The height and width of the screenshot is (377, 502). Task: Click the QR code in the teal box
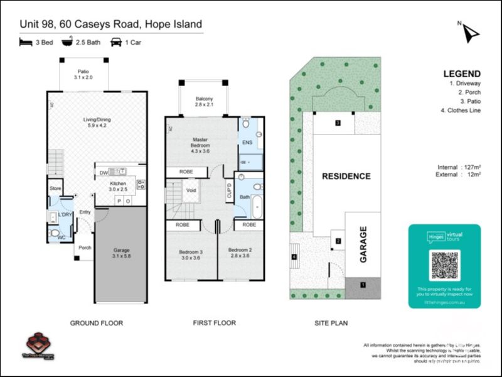444,265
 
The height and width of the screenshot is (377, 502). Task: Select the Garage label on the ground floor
120,253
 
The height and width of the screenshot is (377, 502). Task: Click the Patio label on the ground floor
83,75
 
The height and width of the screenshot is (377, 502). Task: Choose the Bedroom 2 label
238,254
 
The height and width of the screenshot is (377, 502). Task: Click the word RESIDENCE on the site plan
346,176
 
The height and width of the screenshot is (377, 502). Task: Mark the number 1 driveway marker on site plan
362,285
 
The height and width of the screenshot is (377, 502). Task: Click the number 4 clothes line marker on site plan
294,256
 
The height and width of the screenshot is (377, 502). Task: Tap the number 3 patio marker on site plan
338,123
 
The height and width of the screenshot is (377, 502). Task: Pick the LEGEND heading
462,74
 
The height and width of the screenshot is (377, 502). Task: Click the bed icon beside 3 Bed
26,43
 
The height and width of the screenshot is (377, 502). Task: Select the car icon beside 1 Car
116,43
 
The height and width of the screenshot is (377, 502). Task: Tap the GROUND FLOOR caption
96,323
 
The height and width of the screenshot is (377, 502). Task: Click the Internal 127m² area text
459,167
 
